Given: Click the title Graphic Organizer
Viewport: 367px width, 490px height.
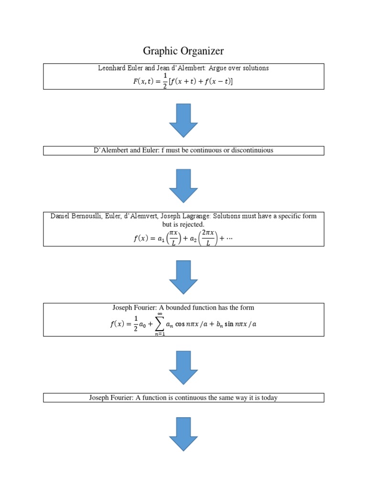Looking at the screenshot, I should click(183, 51).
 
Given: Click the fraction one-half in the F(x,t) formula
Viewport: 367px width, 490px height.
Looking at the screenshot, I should click(165, 81).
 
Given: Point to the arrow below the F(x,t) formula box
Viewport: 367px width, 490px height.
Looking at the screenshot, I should click(183, 120).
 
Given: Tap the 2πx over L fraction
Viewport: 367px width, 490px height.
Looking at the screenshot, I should click(207, 238).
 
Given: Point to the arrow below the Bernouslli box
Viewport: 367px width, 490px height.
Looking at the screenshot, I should click(183, 277).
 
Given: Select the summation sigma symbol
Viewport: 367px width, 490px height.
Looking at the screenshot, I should click(159, 324).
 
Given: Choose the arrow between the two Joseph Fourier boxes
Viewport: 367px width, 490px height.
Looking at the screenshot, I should click(183, 367).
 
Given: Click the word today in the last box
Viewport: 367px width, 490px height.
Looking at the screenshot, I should click(269, 398).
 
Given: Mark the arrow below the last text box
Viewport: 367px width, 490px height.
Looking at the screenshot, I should click(183, 434).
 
